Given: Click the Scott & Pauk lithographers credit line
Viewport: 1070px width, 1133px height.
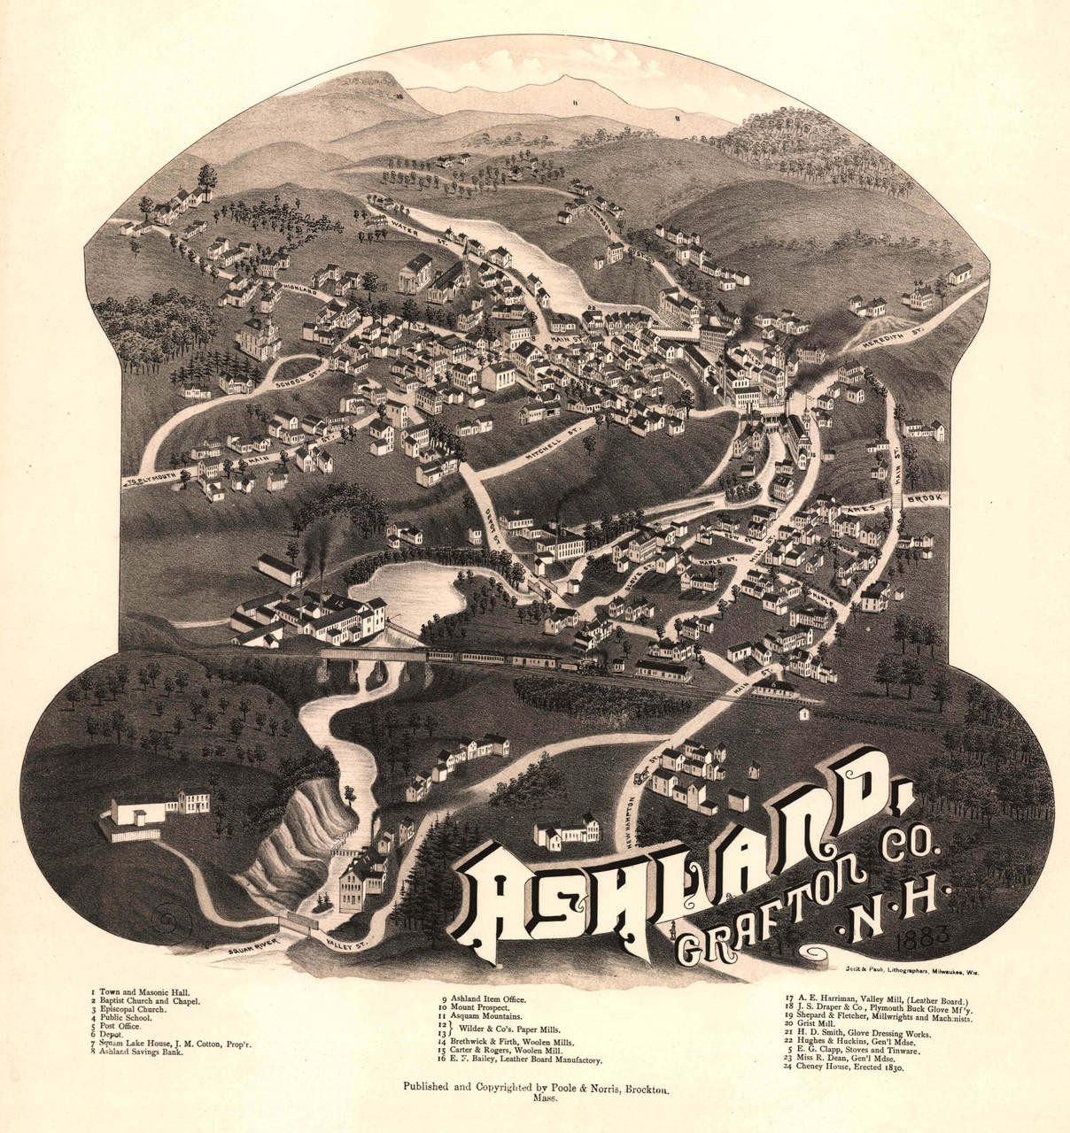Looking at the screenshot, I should click(911, 972).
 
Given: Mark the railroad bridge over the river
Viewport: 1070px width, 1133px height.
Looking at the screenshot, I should click(372, 656).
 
